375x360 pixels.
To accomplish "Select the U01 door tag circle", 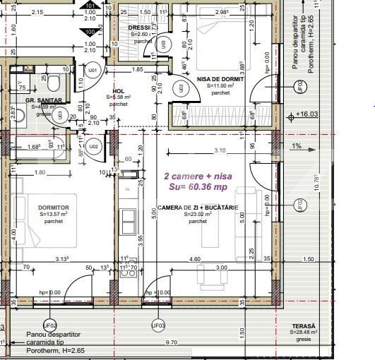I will click(93, 71).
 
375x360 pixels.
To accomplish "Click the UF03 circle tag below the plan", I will click(158, 325).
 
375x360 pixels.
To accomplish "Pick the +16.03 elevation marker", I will click(306, 114).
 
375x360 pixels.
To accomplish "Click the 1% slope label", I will click(297, 146).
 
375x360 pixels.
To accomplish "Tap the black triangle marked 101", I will click(90, 6).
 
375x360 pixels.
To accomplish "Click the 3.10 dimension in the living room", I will click(220, 150).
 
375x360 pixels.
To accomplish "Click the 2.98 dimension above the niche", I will click(222, 12).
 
